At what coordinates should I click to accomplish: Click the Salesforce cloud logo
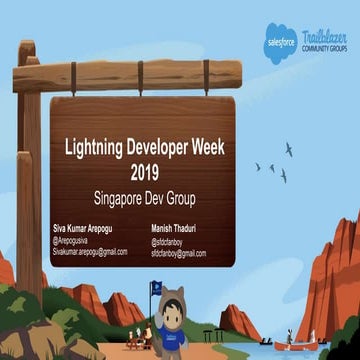coord(279,45)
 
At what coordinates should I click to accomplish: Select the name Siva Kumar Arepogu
coord(87,228)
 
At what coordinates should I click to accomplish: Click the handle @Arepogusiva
coord(74,240)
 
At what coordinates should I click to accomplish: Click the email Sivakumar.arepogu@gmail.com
coord(90,252)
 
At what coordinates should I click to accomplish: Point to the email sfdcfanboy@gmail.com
coord(179,253)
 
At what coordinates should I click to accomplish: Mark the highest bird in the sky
coord(289,148)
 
